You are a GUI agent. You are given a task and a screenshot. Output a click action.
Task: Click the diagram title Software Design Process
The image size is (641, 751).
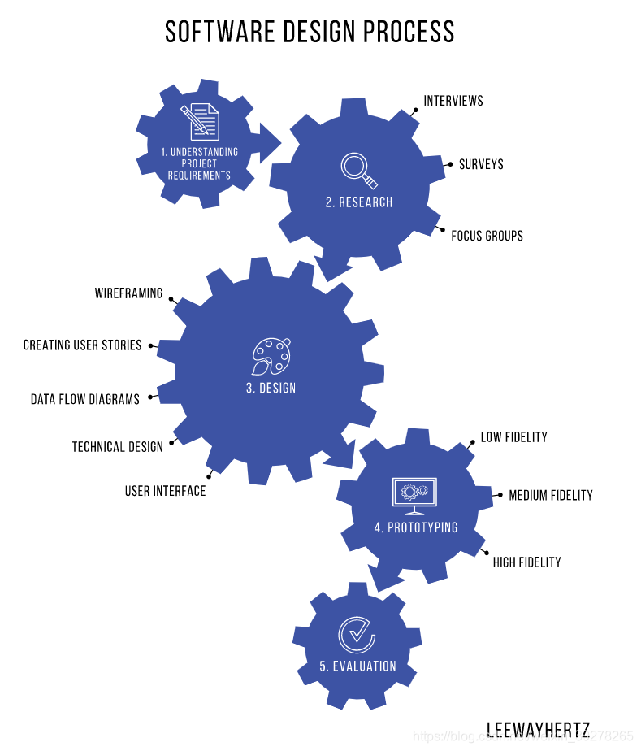click(310, 32)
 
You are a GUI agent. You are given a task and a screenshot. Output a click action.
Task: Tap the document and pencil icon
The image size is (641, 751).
click(200, 121)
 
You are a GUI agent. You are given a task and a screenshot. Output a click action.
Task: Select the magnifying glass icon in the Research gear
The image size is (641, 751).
click(358, 169)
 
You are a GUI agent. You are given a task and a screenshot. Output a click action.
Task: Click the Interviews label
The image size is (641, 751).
click(453, 101)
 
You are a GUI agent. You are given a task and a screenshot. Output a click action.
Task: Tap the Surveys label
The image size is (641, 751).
click(481, 164)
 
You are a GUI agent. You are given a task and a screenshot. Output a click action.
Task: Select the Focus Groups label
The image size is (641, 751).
click(487, 236)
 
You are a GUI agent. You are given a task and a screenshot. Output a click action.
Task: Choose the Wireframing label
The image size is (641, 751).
click(128, 293)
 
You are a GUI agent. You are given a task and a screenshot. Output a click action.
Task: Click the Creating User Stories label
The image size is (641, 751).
click(83, 345)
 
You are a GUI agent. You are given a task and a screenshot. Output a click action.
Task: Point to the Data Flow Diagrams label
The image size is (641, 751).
click(85, 399)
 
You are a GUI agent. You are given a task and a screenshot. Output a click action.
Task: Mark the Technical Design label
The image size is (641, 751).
click(117, 447)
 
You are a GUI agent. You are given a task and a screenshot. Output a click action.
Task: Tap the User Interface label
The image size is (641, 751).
click(165, 492)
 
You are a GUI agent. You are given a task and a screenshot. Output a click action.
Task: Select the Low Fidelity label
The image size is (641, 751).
click(513, 437)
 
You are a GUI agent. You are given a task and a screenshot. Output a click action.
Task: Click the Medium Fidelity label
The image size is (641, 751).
click(551, 495)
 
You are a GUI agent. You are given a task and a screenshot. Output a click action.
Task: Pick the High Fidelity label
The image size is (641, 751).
click(526, 562)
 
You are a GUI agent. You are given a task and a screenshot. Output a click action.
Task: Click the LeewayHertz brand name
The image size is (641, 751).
click(538, 729)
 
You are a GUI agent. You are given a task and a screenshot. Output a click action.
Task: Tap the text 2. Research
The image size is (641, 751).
click(359, 202)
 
